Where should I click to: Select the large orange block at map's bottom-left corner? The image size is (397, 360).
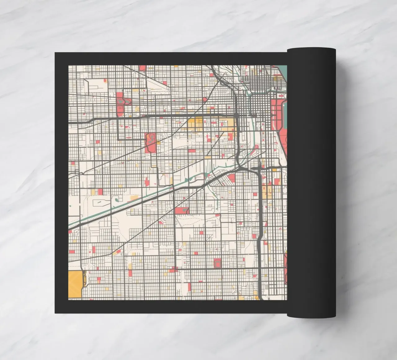pyautogui.click(x=74, y=285)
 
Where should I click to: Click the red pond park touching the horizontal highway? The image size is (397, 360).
pyautogui.click(x=120, y=104)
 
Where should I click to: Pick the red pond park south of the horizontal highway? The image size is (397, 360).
pyautogui.click(x=150, y=142)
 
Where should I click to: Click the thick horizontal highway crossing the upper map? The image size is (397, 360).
pyautogui.click(x=155, y=116)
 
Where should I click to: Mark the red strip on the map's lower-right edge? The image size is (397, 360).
pyautogui.click(x=285, y=268)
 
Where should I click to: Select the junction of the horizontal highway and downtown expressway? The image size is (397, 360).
pyautogui.click(x=237, y=116)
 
